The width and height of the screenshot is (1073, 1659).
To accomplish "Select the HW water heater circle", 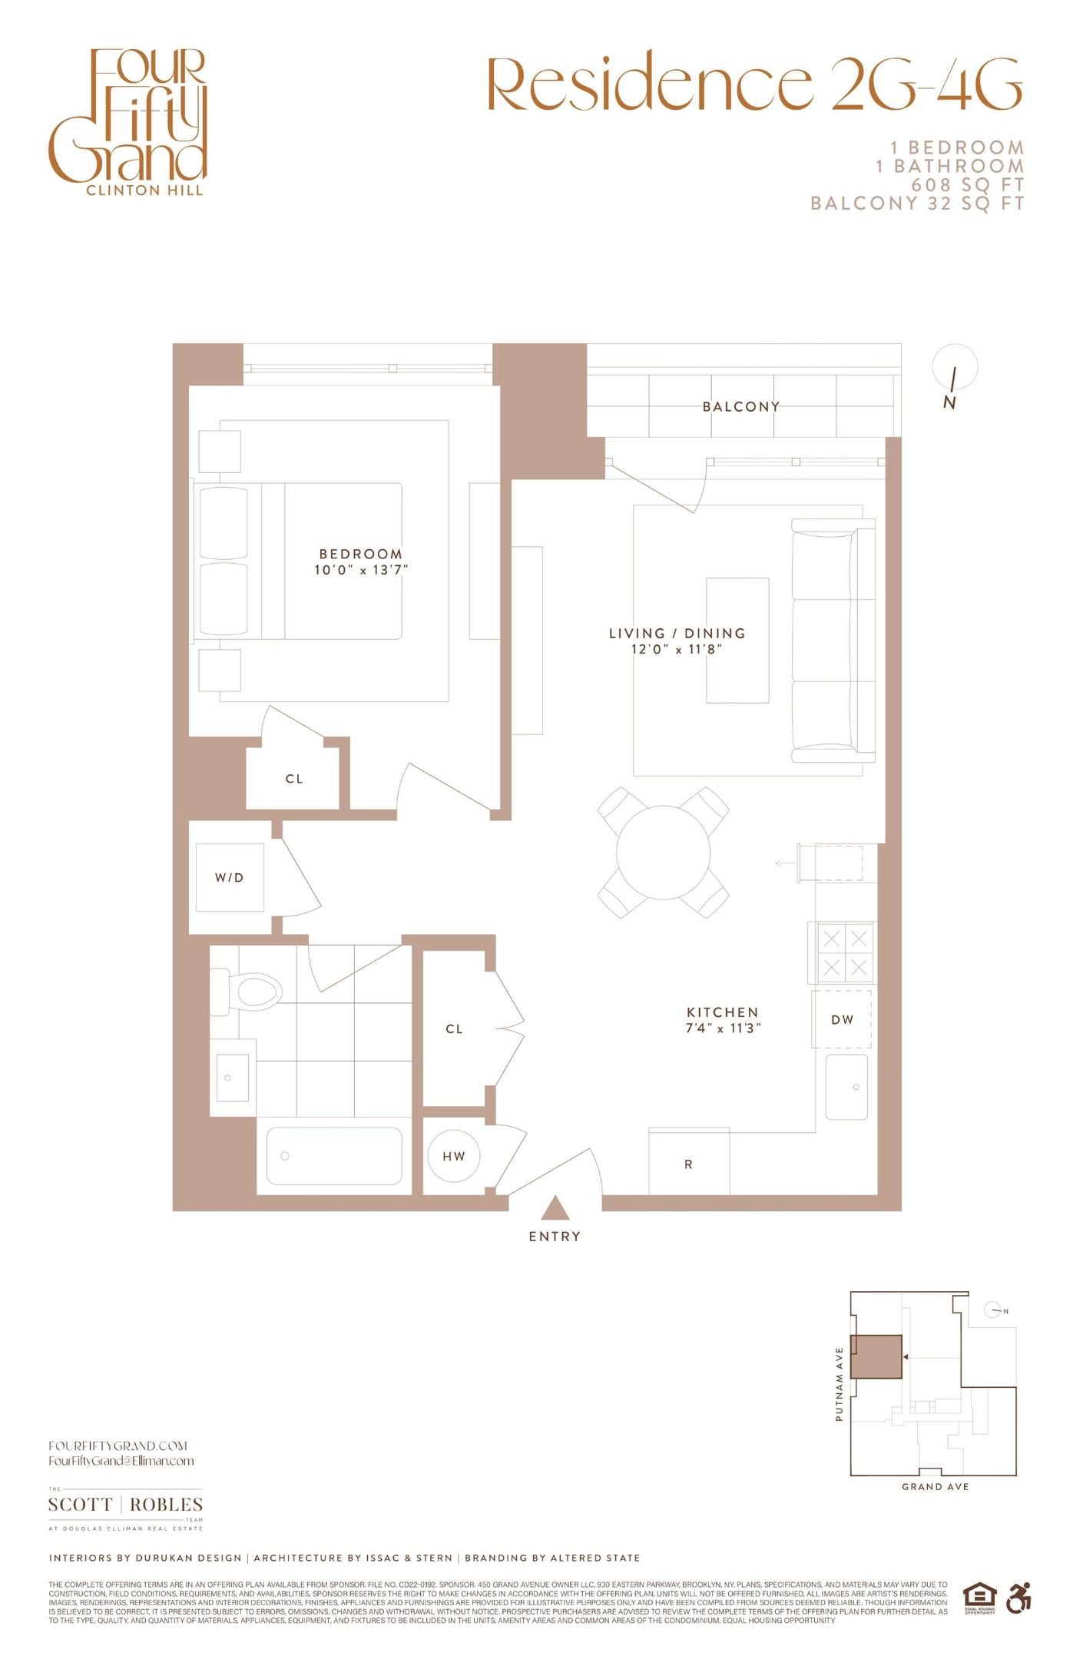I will pos(453,1156).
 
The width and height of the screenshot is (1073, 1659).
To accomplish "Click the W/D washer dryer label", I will pos(229,877).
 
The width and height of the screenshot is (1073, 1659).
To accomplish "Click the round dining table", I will pos(663,852).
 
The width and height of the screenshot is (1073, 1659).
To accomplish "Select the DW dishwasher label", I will pos(842,1020).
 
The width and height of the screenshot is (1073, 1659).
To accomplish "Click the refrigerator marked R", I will pos(688,1164).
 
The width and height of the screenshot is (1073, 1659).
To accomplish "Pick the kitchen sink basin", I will pos(846,1087).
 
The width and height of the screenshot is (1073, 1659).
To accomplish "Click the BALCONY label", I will pos(741,406).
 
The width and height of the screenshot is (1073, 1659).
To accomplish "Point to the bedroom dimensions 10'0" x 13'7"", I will pos(361,570).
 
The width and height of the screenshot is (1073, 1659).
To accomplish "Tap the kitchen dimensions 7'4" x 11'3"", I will pos(723,1028).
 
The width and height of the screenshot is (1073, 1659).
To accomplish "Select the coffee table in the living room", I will pos(737,640).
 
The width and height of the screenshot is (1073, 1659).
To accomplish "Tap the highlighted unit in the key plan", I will pos(876,1356).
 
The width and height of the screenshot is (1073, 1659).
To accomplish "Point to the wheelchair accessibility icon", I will pos(1018,1598).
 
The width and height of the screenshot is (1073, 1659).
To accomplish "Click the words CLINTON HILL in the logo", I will pos(144,190).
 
